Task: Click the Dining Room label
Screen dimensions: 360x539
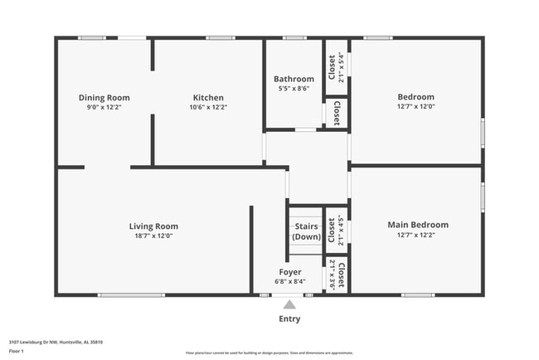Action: point(104,97)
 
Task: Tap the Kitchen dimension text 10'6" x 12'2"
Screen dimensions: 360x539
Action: point(208,107)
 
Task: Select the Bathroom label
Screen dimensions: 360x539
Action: point(294,79)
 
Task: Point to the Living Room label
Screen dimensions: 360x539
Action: point(153,226)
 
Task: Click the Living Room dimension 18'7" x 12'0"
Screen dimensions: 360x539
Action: point(153,236)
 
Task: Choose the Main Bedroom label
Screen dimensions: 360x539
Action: point(418,224)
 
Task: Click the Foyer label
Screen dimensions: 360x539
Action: point(289,271)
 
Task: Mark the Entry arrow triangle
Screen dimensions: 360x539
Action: point(289,304)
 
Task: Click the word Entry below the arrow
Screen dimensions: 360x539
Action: point(289,319)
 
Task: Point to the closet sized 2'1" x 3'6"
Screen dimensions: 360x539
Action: point(336,274)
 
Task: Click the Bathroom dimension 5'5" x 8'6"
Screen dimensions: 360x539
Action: point(294,89)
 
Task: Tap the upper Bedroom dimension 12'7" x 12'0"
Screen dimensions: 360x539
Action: point(415,107)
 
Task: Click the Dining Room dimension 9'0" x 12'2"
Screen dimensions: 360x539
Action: point(104,107)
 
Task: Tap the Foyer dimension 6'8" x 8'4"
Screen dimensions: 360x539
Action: point(289,281)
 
